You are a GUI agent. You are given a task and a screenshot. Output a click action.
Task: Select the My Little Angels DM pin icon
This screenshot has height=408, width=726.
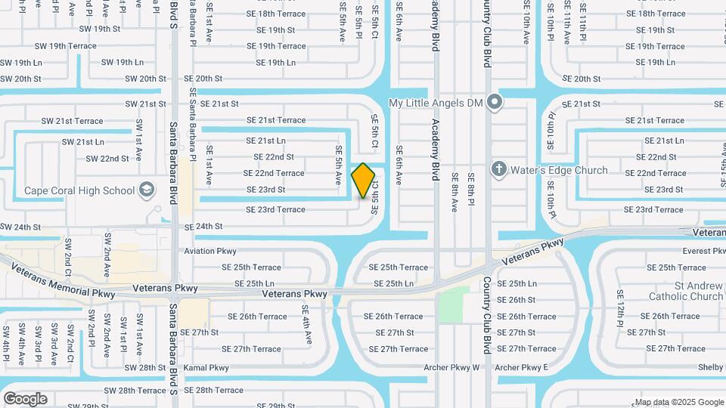click(x=495, y=102)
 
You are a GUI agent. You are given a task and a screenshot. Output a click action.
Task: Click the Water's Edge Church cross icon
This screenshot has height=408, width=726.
click(x=499, y=170)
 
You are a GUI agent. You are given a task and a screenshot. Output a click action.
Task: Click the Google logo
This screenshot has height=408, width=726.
click(x=25, y=399)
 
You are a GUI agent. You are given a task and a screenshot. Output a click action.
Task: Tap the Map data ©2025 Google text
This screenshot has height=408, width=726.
click(x=678, y=402)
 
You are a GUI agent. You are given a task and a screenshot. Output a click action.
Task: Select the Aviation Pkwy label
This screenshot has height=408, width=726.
click(x=210, y=251)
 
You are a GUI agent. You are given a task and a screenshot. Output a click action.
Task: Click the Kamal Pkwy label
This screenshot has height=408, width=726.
click(x=206, y=368)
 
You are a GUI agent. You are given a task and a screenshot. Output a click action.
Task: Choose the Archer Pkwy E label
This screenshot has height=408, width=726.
click(x=521, y=368)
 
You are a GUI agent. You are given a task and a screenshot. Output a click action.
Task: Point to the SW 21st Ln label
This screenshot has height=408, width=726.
click(x=83, y=142)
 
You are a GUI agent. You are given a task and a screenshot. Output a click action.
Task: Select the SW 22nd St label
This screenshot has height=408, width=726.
click(x=107, y=159)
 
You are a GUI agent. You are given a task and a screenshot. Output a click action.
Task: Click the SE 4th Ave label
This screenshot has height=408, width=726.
click(x=306, y=325)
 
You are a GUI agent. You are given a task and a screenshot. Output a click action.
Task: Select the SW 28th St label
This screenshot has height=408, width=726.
click(x=144, y=368)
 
